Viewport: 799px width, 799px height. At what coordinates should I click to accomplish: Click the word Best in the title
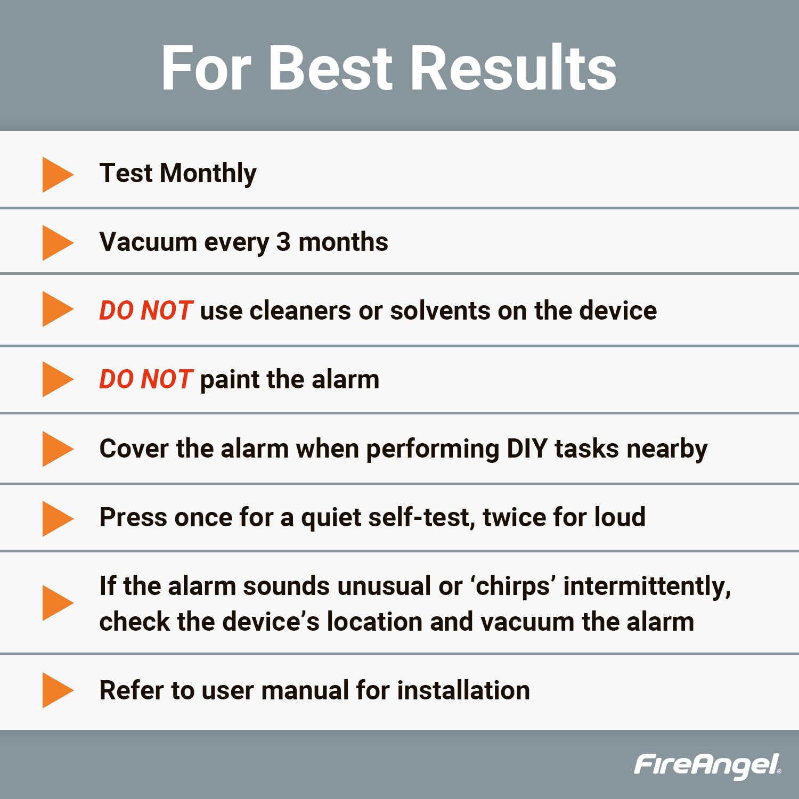(331, 68)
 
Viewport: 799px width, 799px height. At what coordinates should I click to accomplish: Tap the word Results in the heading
(513, 68)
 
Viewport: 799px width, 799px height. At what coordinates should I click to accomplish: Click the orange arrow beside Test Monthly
(57, 174)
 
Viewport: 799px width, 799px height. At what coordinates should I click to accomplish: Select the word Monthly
(208, 174)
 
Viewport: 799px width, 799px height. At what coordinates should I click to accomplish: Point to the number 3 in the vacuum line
(283, 242)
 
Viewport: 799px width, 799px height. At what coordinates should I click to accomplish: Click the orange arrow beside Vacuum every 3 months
(57, 243)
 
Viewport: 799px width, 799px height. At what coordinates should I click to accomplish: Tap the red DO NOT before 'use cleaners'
(146, 311)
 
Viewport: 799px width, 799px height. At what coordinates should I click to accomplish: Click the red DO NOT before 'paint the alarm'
(146, 379)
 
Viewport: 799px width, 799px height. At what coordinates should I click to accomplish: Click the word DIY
(527, 449)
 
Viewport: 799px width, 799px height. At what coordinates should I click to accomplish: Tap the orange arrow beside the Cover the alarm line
(57, 449)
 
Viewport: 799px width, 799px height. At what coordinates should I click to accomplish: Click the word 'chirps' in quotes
(512, 586)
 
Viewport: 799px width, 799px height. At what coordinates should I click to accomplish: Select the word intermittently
(647, 586)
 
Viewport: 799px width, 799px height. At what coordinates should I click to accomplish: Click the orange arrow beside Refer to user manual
(57, 690)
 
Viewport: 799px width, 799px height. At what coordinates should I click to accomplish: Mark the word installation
(463, 690)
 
